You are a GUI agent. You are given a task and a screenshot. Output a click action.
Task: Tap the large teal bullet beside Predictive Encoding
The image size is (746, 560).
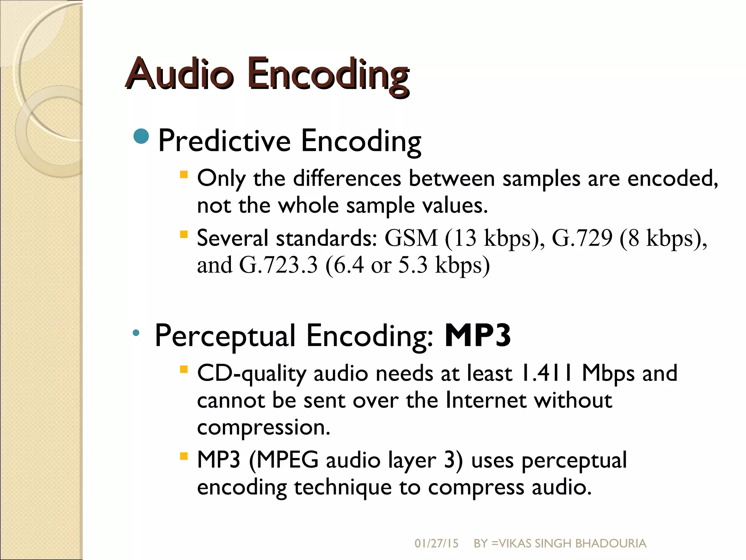coord(141,137)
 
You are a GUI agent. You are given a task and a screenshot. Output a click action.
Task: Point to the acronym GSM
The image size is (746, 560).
coord(411,238)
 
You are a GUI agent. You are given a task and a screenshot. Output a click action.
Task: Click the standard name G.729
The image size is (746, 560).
coord(582,238)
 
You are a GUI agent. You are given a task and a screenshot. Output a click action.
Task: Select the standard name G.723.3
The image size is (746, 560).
coord(278,265)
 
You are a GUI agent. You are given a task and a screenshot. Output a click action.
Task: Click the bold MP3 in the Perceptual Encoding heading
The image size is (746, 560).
coord(478,335)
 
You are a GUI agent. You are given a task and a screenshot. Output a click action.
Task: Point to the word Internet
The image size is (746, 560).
coord(486,400)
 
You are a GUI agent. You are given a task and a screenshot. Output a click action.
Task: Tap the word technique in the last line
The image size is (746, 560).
coord(342,487)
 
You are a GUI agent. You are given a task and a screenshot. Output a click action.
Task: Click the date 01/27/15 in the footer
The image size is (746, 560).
coord(436,544)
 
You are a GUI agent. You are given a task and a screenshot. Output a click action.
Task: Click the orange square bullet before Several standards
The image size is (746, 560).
coord(184,234)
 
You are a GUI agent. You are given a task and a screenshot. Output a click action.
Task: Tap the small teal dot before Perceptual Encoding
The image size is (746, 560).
coord(136,332)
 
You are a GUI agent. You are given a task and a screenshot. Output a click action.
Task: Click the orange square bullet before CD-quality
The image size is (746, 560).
coord(184,370)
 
